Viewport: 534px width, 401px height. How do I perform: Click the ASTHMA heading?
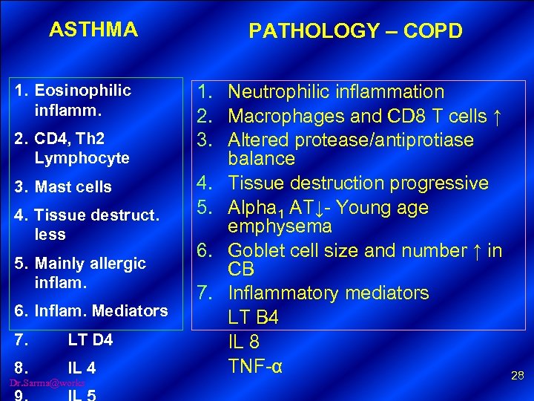(93, 30)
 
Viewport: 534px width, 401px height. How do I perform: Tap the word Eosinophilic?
(82, 91)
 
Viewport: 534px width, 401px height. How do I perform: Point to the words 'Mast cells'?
(73, 187)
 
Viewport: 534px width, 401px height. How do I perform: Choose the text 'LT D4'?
(90, 340)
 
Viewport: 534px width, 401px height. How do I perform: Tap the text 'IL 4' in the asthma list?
(82, 368)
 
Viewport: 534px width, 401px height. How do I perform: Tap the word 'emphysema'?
(280, 226)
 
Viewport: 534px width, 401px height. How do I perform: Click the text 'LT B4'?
(253, 318)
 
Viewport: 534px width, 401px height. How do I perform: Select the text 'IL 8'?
(242, 342)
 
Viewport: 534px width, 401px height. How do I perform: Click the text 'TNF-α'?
(254, 366)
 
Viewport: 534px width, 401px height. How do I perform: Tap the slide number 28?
(517, 376)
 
